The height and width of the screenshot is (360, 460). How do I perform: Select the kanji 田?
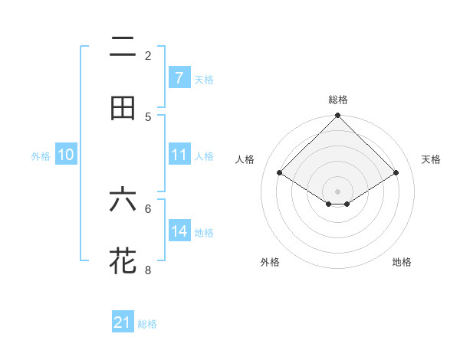coord(123,108)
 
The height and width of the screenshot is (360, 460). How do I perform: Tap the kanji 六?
coord(123,200)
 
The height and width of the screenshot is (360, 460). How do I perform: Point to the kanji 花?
coord(123,260)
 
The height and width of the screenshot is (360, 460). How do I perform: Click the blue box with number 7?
coord(179,77)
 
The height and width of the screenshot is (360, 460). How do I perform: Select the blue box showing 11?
coord(179,155)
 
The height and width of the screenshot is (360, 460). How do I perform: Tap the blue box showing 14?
coord(179,231)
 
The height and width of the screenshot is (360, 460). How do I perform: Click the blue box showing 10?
coord(66,155)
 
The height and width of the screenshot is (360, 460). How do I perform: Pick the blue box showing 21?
coord(123,322)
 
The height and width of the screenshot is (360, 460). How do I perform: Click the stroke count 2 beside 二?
coord(148,55)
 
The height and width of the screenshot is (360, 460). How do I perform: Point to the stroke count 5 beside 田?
coord(148,116)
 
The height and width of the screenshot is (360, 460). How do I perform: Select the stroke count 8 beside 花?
coord(148,269)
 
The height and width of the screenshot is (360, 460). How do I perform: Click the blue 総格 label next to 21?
coord(147,324)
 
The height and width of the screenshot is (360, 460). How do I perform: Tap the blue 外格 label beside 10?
coord(41,155)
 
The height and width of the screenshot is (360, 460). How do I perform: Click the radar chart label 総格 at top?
coord(338,100)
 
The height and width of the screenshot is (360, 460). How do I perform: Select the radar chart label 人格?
coord(245,159)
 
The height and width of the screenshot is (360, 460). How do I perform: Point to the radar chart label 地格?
coord(402,262)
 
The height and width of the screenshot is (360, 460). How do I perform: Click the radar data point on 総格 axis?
coord(338,116)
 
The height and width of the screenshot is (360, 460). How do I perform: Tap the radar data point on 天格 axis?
coord(396,172)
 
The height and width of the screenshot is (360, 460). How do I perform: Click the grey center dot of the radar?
coord(338,191)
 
